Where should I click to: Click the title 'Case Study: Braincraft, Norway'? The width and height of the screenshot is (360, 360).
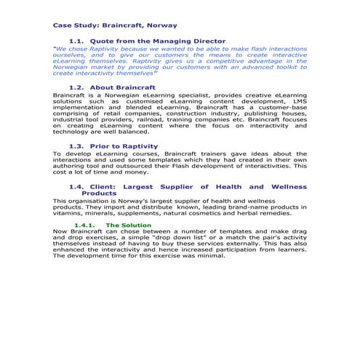pos(115,25)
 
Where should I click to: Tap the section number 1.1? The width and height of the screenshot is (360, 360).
pos(77,41)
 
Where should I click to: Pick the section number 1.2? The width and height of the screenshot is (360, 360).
pos(77,87)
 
